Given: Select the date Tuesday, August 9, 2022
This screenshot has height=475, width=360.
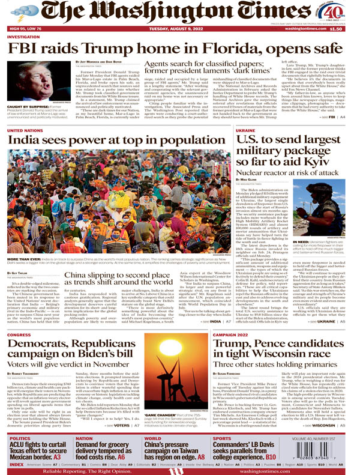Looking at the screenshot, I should (x=179, y=28).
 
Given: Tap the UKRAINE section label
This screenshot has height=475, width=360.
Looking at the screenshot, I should (x=245, y=130).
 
